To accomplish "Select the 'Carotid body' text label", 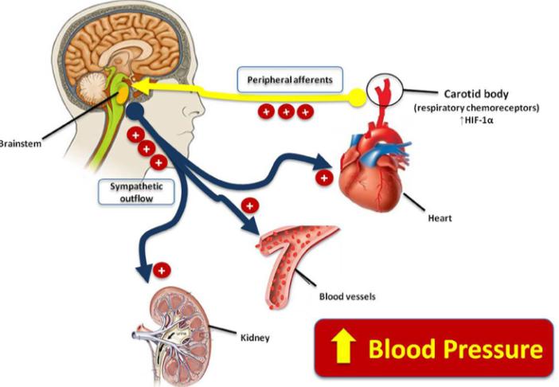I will [469, 93].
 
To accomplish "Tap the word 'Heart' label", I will [440, 215].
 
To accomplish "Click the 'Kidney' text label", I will [253, 337].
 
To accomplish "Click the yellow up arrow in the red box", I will [342, 348].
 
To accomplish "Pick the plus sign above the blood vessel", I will [250, 206].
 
